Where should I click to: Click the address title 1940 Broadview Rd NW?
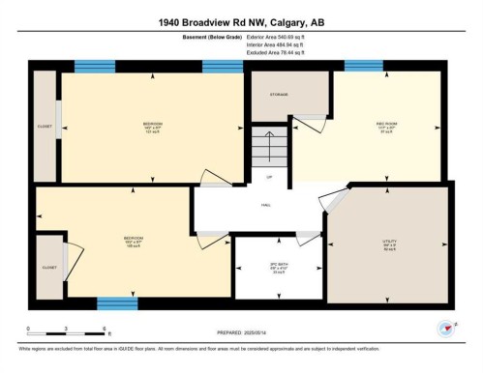[242, 20]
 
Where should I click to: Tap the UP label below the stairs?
[270, 177]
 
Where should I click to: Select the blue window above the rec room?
[362, 66]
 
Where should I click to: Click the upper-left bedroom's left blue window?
[94, 66]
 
